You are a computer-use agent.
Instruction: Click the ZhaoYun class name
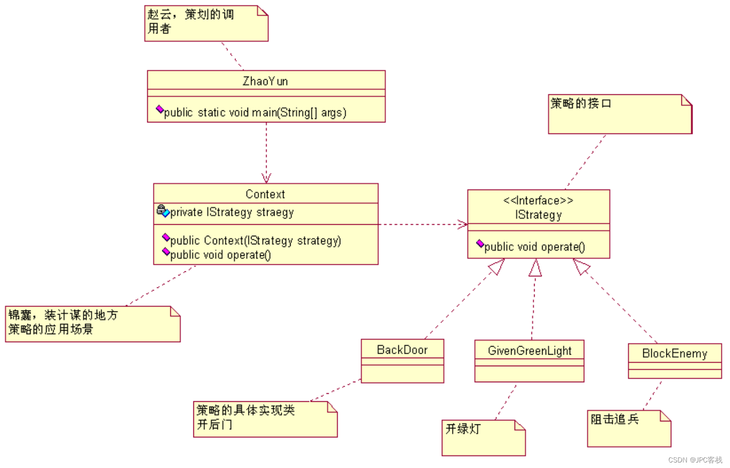coord(265,81)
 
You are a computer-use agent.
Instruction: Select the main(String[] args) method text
coord(255,113)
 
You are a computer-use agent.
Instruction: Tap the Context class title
coord(265,194)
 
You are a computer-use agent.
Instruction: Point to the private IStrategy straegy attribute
coord(231,213)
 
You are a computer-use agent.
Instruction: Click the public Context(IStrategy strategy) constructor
coord(256,241)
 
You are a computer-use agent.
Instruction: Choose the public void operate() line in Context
coord(220,255)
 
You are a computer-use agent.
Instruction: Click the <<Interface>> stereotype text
coord(538,201)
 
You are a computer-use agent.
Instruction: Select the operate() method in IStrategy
coord(534,247)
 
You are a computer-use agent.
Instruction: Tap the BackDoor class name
coord(402,350)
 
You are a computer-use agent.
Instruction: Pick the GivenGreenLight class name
coord(529,351)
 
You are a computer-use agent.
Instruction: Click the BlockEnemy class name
coord(674,354)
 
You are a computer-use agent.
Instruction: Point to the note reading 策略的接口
coord(581,104)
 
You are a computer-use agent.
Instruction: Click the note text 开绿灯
coord(463,429)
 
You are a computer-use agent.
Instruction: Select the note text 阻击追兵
coord(615,419)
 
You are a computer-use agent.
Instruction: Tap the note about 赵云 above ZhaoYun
coord(191,22)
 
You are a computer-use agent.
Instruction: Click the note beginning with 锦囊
coord(63,322)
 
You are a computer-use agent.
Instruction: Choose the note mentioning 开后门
coord(245,417)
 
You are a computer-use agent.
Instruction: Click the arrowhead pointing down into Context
coord(267,178)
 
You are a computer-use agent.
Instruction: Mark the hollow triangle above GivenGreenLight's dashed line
coord(535,268)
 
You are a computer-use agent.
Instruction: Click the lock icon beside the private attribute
coord(161,209)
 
